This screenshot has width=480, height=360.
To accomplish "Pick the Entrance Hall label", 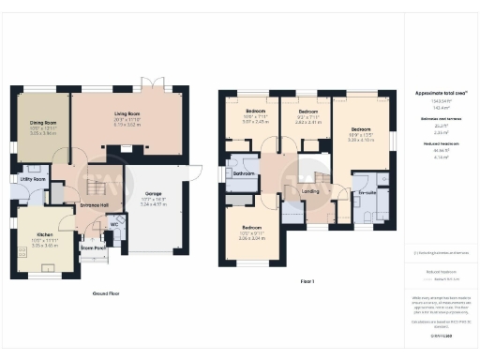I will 94,204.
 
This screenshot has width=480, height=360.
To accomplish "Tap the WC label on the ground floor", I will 113,225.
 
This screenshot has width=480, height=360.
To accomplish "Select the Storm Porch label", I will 93,247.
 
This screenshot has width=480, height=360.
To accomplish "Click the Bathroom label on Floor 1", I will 245,174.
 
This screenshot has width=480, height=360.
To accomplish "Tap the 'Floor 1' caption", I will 307,280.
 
